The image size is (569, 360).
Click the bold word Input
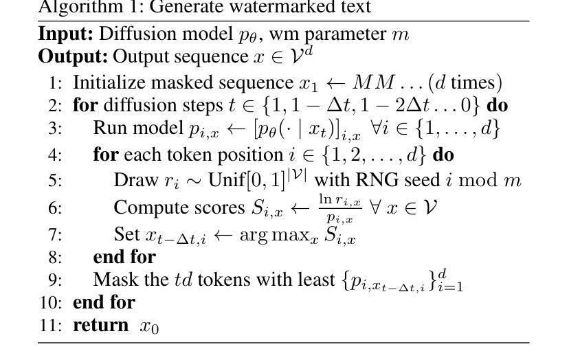(x=66, y=34)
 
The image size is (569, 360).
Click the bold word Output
(x=73, y=56)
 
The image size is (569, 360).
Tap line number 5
(x=55, y=181)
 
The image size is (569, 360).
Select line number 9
(x=55, y=280)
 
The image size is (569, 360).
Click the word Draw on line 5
(x=135, y=181)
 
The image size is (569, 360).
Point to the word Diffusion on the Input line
(x=131, y=34)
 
